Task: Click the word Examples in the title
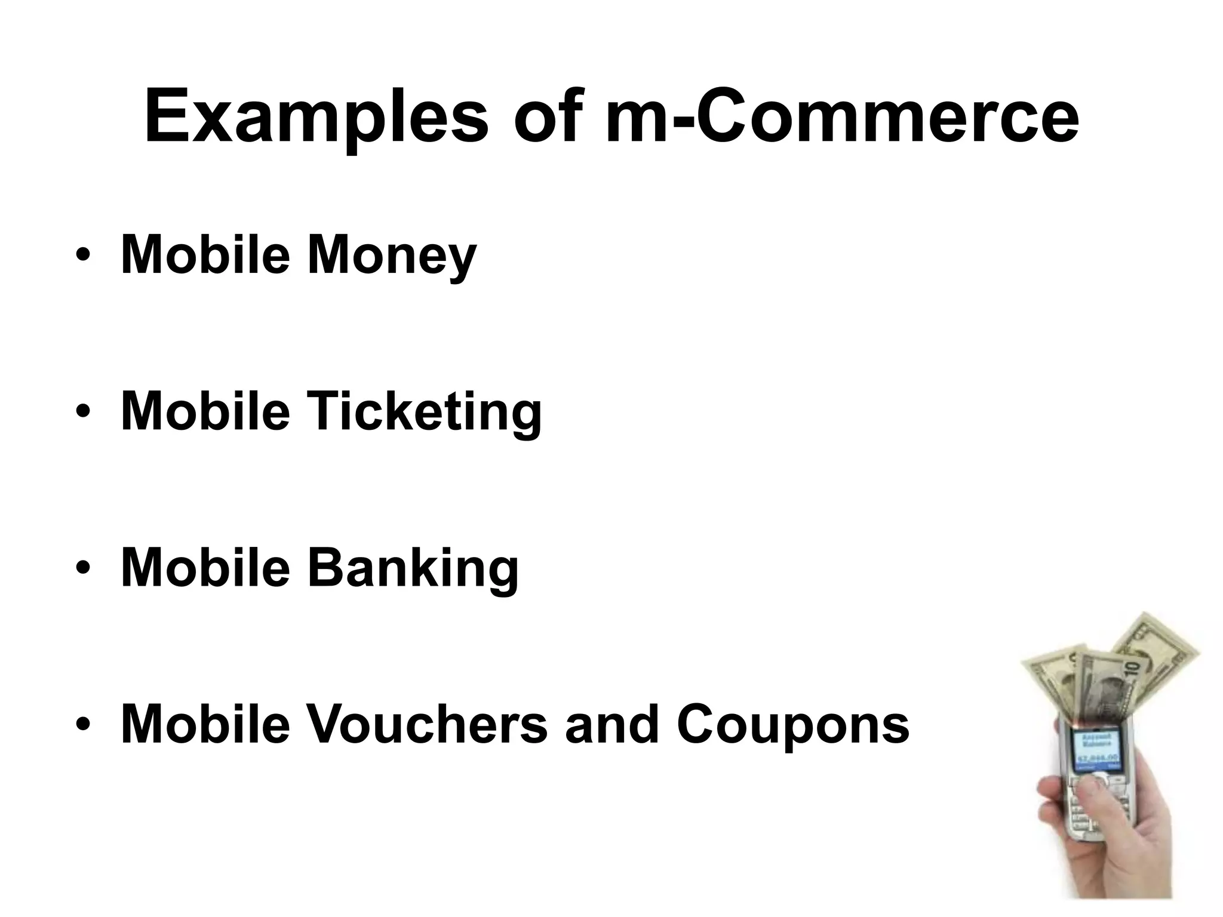(316, 116)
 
